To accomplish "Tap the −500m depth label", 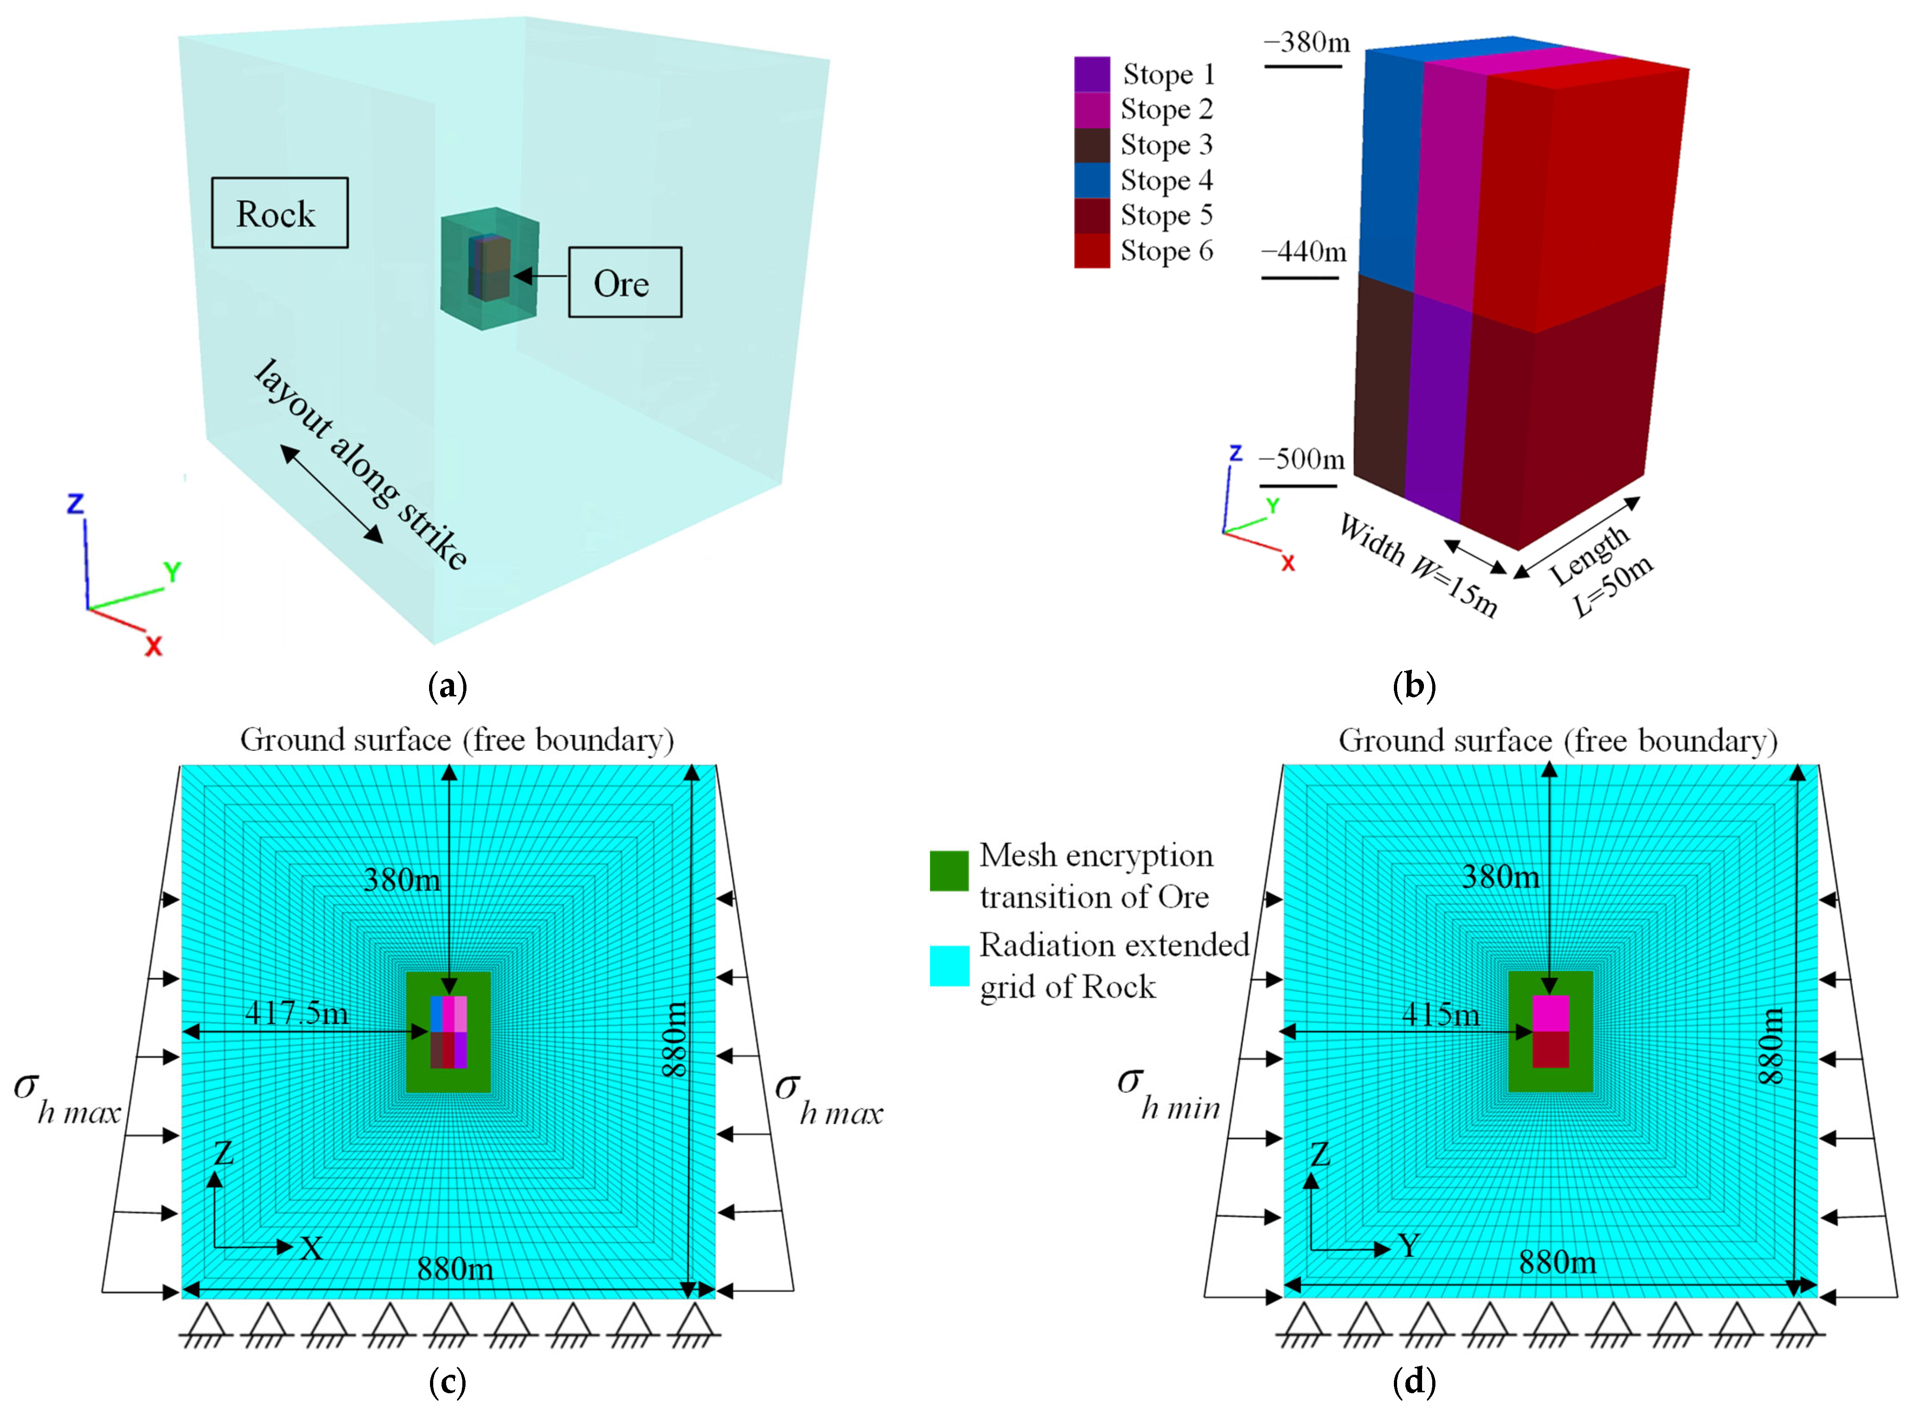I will tap(1301, 459).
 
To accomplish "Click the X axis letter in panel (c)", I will tap(312, 1249).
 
